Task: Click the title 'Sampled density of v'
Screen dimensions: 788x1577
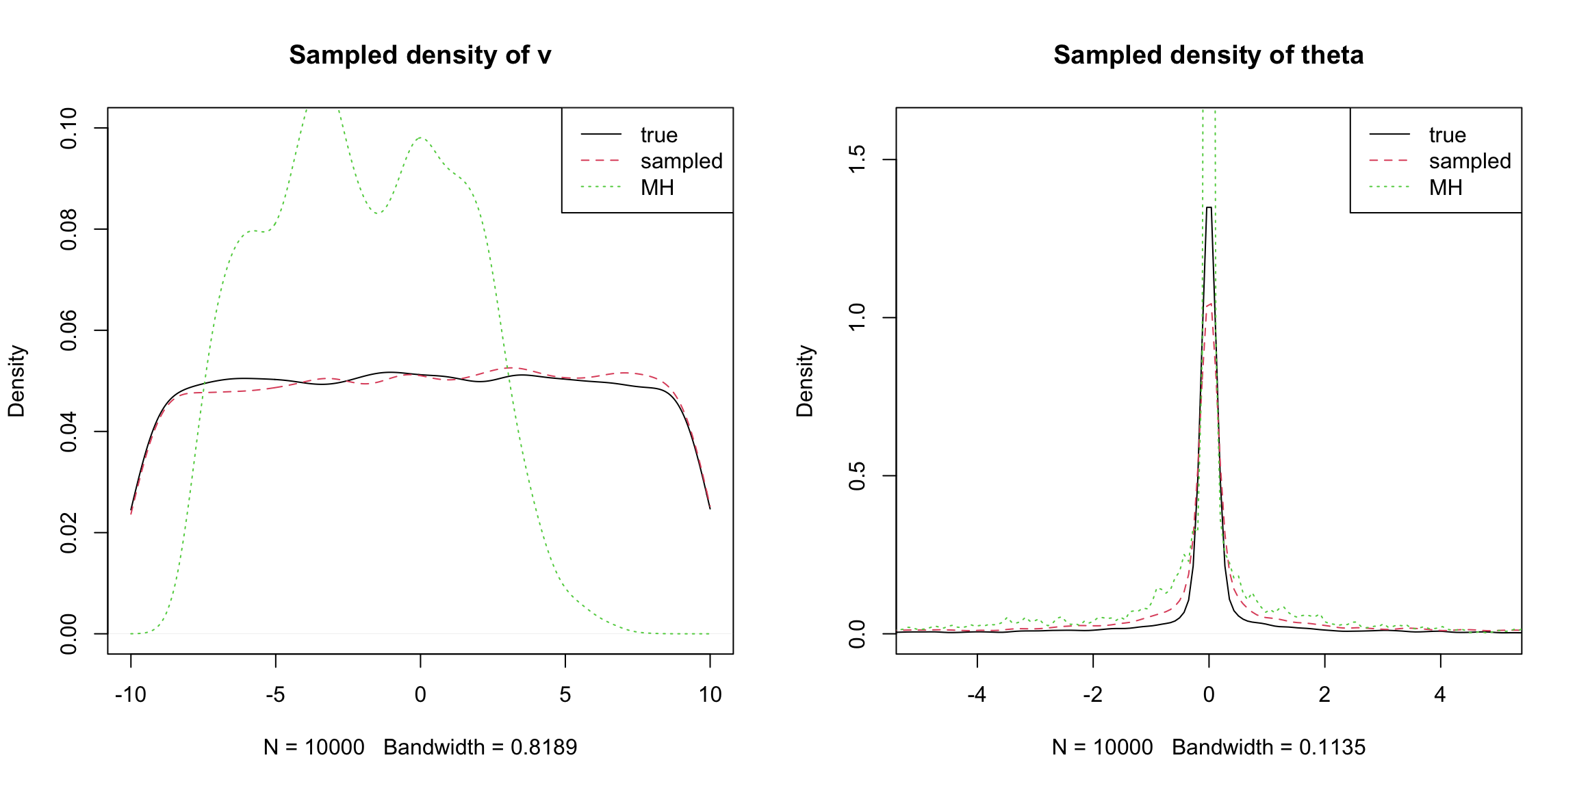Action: pyautogui.click(x=420, y=55)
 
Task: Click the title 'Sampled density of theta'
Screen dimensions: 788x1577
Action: pyautogui.click(x=1208, y=55)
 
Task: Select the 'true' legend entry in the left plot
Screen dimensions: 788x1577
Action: pyautogui.click(x=658, y=135)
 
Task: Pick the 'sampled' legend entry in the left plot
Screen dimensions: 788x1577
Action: pyautogui.click(x=681, y=161)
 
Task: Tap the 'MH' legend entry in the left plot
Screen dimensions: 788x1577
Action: pyautogui.click(x=657, y=187)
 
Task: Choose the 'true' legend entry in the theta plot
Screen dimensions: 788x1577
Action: pyautogui.click(x=1447, y=135)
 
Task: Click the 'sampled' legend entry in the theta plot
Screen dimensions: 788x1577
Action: pyautogui.click(x=1470, y=161)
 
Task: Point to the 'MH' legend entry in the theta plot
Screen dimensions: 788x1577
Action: pyautogui.click(x=1446, y=187)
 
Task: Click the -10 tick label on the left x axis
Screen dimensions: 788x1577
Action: pyautogui.click(x=130, y=695)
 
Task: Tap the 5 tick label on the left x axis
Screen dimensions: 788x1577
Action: pyautogui.click(x=565, y=695)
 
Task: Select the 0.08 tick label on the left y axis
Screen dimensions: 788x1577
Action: pyautogui.click(x=69, y=230)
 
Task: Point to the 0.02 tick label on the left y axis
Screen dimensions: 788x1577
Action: pyautogui.click(x=69, y=533)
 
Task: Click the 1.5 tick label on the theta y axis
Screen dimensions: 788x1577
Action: pyautogui.click(x=857, y=159)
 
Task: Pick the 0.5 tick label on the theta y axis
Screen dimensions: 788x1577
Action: pyautogui.click(x=857, y=476)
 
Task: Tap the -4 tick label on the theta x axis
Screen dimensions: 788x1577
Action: pyautogui.click(x=977, y=695)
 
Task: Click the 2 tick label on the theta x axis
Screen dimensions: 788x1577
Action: pyautogui.click(x=1324, y=695)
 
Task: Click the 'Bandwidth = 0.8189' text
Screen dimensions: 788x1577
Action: pyautogui.click(x=480, y=748)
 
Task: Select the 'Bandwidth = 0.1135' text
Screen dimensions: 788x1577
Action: pyautogui.click(x=1268, y=748)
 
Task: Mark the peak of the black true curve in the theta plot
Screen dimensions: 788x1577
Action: pyautogui.click(x=1209, y=207)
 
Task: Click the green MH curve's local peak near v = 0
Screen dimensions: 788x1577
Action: pyautogui.click(x=420, y=137)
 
